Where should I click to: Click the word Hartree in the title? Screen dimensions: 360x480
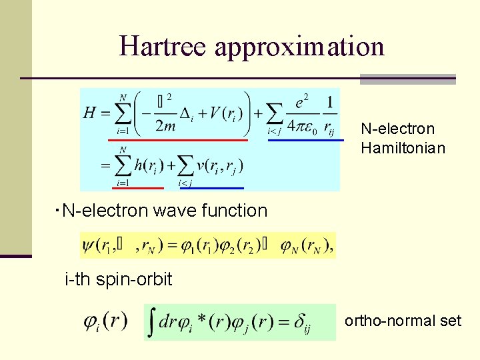click(163, 46)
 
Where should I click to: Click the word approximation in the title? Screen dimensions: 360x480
click(299, 47)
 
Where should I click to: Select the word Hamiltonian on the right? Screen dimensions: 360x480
click(403, 147)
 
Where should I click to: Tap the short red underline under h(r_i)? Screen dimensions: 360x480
click(136, 188)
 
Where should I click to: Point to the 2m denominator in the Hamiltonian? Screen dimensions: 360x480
click(163, 125)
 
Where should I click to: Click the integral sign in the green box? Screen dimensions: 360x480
click(153, 323)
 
